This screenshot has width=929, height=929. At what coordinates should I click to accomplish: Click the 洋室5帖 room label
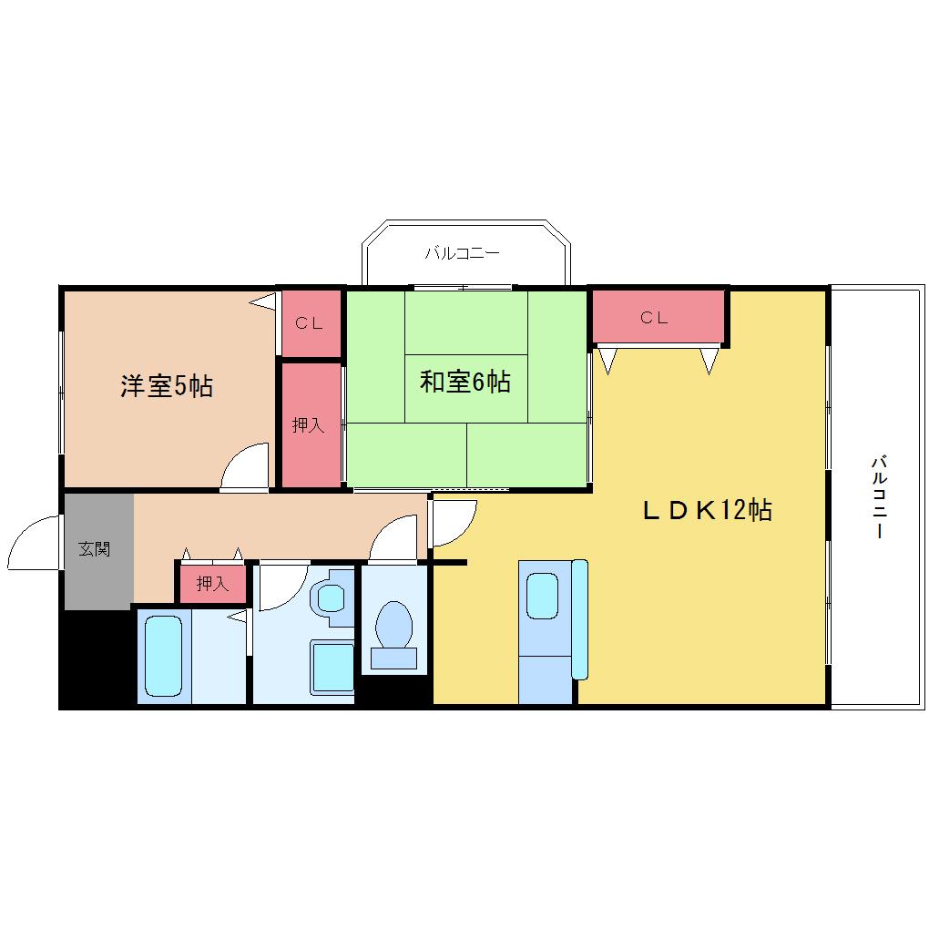(x=167, y=386)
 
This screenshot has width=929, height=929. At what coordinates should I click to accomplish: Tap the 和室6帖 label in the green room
(x=465, y=382)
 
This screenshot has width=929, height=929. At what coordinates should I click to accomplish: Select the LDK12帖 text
(x=708, y=509)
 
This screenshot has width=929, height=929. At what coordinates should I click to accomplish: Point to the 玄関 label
(x=94, y=548)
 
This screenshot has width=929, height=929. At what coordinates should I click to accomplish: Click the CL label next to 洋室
(x=310, y=323)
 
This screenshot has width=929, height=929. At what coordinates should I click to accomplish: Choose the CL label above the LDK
(x=654, y=318)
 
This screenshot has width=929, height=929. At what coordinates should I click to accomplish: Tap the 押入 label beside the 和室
(x=308, y=424)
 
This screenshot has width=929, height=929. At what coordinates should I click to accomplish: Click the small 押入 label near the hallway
(x=212, y=584)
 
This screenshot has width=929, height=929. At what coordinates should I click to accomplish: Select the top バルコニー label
(x=462, y=253)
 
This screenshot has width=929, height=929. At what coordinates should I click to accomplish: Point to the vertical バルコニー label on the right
(x=879, y=496)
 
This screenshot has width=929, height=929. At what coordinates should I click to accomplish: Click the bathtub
(x=163, y=656)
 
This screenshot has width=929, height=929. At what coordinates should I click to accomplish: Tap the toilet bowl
(x=394, y=626)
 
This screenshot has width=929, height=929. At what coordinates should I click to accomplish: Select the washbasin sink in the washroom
(x=332, y=597)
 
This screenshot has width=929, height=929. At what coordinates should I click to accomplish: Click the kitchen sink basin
(x=543, y=596)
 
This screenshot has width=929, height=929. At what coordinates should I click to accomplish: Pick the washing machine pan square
(x=333, y=668)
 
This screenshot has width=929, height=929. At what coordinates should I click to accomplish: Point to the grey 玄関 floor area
(x=98, y=552)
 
